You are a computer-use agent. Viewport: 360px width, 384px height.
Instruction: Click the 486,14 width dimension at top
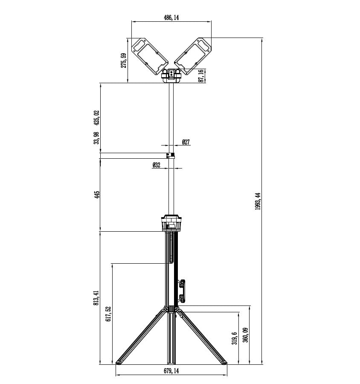pyautogui.click(x=171, y=17)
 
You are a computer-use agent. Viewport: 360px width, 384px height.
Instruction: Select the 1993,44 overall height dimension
pyautogui.click(x=258, y=201)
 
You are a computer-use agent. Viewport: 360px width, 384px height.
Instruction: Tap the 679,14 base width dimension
pyautogui.click(x=171, y=371)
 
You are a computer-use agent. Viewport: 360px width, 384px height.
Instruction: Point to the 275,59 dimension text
pyautogui.click(x=124, y=61)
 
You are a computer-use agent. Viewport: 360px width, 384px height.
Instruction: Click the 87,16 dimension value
pyautogui.click(x=201, y=76)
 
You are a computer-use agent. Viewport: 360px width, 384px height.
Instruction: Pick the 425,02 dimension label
pyautogui.click(x=97, y=118)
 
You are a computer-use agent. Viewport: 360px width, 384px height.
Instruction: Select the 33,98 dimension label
pyautogui.click(x=97, y=138)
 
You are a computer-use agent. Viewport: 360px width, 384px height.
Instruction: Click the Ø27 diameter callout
pyautogui.click(x=186, y=142)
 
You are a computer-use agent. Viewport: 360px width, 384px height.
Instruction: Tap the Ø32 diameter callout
pyautogui.click(x=156, y=165)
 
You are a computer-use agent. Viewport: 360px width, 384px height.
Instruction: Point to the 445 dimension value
pyautogui.click(x=97, y=195)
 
